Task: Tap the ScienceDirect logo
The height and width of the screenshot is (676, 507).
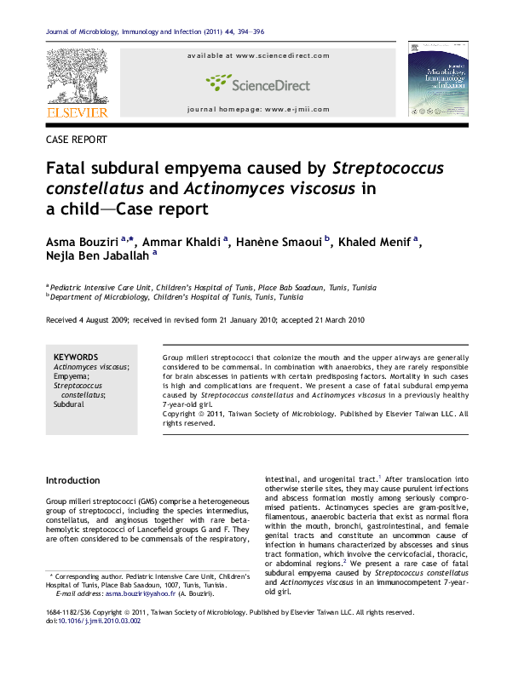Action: click(257, 83)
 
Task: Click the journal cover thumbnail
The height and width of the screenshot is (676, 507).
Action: click(438, 78)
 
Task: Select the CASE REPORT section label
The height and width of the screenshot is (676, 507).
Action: click(76, 139)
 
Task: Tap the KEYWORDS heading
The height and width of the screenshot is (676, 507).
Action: click(76, 357)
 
